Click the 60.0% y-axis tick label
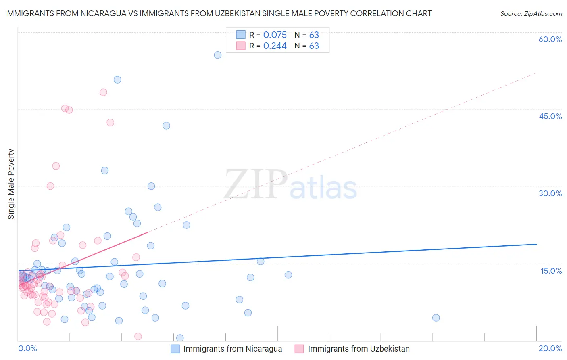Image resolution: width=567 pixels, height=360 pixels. [550, 39]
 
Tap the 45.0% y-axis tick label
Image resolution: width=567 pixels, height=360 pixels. [550, 116]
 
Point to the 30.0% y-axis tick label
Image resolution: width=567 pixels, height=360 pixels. [550, 193]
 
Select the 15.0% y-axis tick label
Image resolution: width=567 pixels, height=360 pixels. [551, 271]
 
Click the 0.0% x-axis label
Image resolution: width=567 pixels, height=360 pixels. [27, 348]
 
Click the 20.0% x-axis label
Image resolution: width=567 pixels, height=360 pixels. [550, 348]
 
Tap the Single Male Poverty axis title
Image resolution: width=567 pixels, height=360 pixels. [11, 184]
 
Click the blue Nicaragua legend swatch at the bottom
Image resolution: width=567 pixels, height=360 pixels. [175, 349]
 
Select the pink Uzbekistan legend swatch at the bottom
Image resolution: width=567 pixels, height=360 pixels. [299, 349]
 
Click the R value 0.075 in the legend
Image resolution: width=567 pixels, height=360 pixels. [275, 35]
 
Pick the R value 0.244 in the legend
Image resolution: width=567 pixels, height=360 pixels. [275, 46]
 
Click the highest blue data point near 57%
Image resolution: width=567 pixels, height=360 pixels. [218, 55]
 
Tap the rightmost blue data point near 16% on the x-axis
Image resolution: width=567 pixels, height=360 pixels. [436, 318]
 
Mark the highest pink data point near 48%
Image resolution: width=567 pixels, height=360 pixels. [103, 92]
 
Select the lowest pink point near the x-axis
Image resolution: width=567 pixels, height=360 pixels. [138, 337]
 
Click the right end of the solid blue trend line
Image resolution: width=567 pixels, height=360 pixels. [536, 244]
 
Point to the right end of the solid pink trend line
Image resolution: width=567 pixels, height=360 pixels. [148, 232]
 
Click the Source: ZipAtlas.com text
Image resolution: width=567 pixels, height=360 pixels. [531, 14]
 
